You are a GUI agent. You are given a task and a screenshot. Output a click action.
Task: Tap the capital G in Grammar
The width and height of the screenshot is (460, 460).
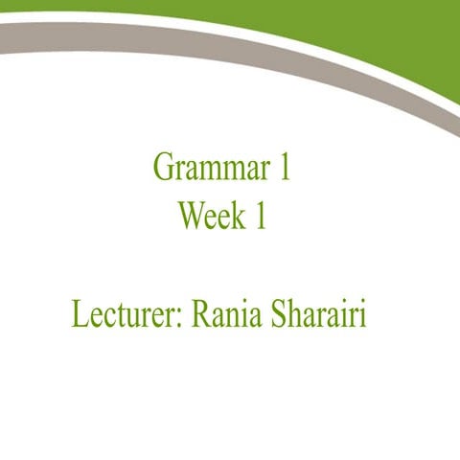click(x=163, y=170)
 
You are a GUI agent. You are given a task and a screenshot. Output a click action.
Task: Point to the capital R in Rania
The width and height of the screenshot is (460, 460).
click(x=202, y=314)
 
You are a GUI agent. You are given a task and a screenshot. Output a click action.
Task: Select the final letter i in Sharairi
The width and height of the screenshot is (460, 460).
click(x=363, y=314)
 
